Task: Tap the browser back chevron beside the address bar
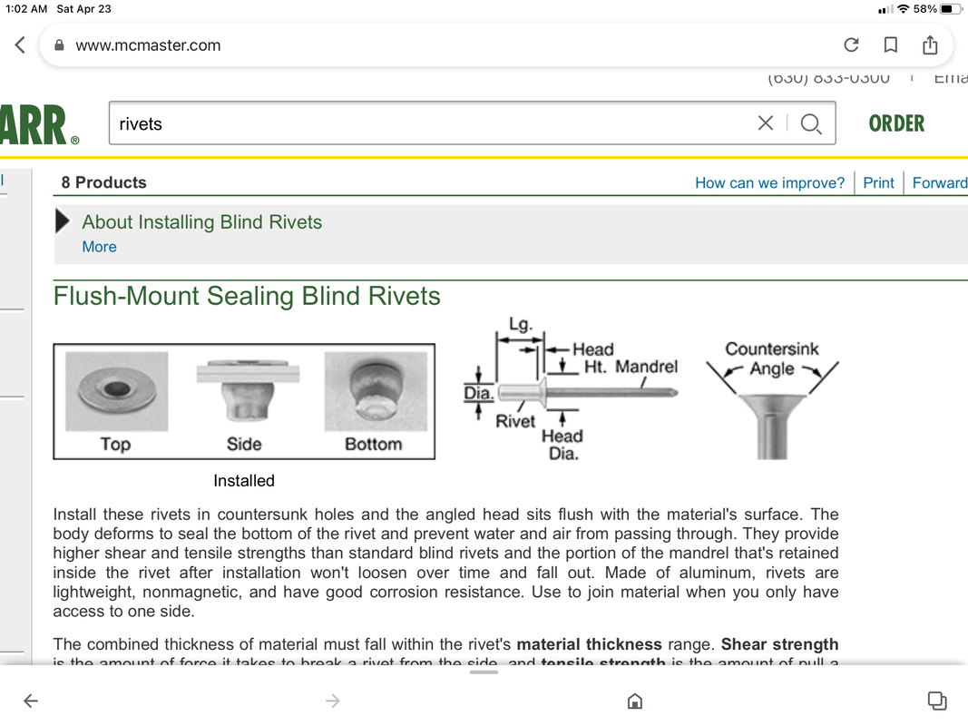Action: pos(20,45)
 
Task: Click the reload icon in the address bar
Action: pos(851,45)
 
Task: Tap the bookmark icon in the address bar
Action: pos(891,45)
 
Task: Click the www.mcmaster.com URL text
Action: pos(148,45)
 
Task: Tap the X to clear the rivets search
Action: pos(766,123)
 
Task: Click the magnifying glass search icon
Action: pos(811,123)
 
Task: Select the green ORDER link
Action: pos(896,123)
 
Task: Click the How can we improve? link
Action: pos(769,182)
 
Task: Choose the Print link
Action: pos(878,182)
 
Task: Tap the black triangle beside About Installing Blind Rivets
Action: pos(64,222)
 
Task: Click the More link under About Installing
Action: pos(99,247)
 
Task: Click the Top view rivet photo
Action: pos(116,391)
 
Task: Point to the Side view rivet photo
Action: pos(244,391)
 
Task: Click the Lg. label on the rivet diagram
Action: pos(521,324)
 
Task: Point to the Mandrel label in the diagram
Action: pos(646,367)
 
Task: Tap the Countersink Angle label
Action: pos(772,358)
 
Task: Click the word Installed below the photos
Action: pos(244,481)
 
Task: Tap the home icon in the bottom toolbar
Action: pos(635,701)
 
